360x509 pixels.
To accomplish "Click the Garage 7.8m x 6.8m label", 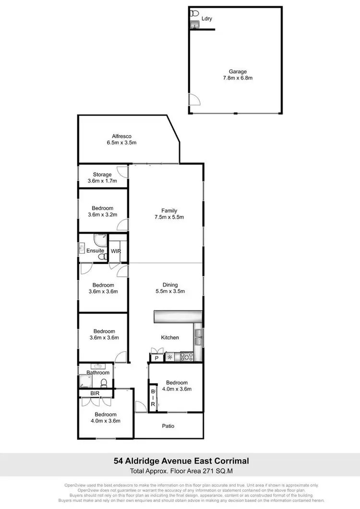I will click(x=234, y=75).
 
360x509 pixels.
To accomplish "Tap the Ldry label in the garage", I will click(x=207, y=19).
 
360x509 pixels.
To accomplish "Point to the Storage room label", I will click(x=100, y=178).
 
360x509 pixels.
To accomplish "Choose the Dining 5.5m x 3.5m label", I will click(x=170, y=288).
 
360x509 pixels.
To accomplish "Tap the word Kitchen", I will click(x=170, y=338).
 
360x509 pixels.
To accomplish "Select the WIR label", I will click(x=116, y=251).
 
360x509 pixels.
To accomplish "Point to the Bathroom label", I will click(x=98, y=373).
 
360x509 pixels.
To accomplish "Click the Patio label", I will click(x=168, y=426).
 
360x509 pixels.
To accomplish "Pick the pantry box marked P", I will click(x=156, y=358).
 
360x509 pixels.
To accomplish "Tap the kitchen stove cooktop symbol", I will click(x=186, y=356).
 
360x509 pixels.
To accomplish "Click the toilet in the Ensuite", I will click(x=101, y=257).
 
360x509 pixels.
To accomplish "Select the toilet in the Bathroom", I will click(x=103, y=382).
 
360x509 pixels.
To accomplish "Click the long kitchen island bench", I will click(x=178, y=317).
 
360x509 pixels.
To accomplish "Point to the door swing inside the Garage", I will click(x=194, y=99).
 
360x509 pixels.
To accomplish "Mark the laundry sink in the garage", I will click(x=194, y=24).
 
